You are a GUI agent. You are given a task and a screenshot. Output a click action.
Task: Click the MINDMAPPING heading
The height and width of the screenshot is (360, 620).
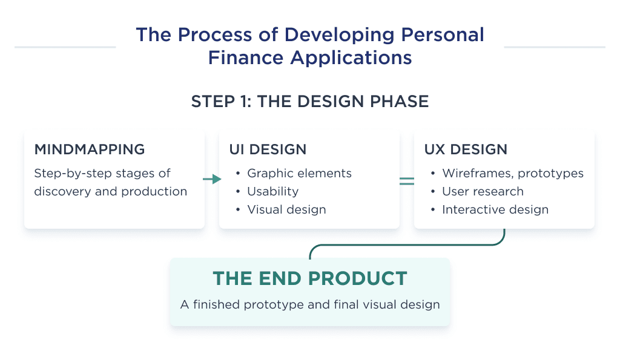(90, 149)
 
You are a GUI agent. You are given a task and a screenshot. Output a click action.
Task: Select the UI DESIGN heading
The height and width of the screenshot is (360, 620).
(268, 149)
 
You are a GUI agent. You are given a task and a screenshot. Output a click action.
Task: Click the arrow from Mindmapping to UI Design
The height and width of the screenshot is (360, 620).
(212, 180)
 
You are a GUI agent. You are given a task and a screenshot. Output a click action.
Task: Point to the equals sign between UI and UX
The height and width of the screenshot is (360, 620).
(406, 180)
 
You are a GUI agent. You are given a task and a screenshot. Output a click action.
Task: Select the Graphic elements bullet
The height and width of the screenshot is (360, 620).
(299, 173)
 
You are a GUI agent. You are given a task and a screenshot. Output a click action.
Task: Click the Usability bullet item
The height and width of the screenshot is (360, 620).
(272, 191)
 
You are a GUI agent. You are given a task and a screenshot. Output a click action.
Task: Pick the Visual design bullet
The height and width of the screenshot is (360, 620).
(286, 209)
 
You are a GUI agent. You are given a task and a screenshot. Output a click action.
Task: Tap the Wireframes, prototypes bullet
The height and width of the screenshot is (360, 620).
(512, 173)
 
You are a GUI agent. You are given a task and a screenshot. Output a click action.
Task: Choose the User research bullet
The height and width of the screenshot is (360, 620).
(483, 191)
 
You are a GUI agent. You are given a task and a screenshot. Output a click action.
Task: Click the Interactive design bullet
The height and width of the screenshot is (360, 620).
(495, 209)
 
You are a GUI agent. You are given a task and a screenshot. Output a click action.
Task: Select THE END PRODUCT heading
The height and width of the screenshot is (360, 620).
(309, 279)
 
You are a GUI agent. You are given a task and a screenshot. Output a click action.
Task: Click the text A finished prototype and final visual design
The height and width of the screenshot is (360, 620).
(309, 304)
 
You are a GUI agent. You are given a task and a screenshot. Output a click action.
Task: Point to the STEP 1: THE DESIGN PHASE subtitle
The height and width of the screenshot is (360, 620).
(309, 101)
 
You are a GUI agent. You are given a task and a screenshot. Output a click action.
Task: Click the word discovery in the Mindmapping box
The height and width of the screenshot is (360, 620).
(63, 191)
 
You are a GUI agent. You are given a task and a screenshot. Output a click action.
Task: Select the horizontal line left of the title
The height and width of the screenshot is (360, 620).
(65, 47)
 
